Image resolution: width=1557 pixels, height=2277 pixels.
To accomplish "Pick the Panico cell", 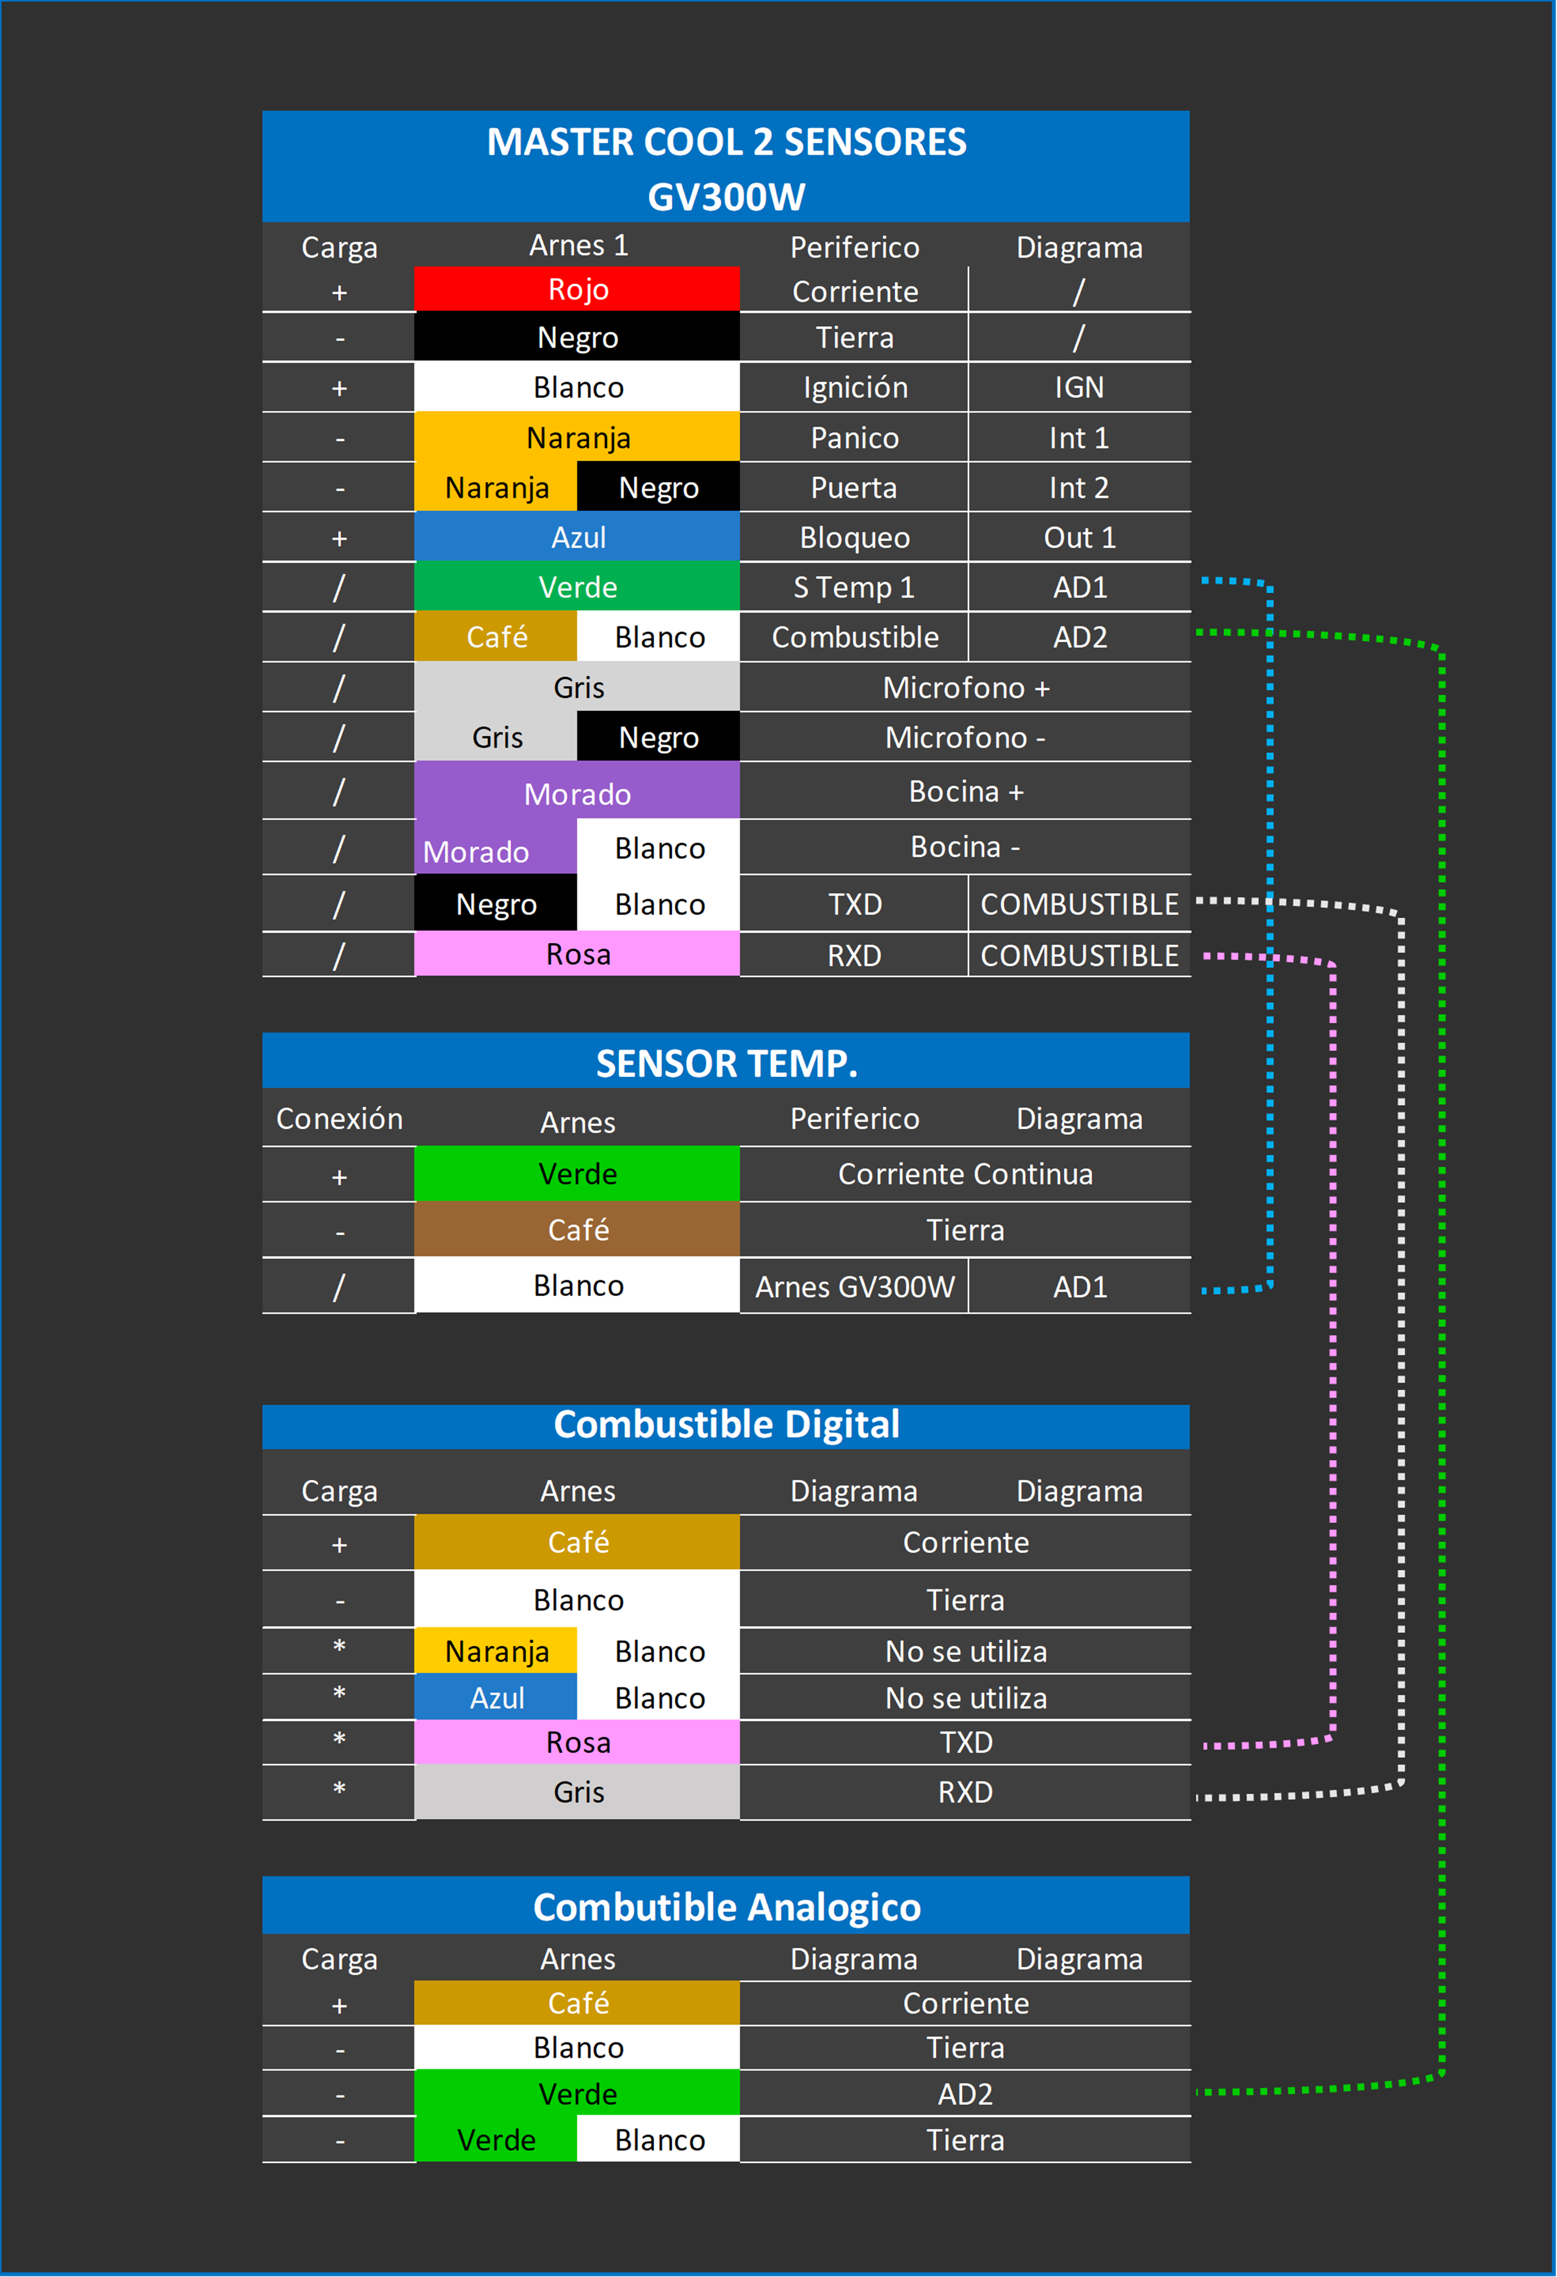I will pos(855,438).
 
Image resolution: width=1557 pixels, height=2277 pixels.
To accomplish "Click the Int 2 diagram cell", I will pos(1079,488).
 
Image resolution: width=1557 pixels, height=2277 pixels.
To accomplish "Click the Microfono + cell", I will pos(965,688).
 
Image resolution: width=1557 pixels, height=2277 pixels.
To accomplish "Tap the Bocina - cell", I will pos(965,847).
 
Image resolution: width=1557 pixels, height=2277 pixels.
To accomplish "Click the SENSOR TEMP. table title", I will pos(726,1063).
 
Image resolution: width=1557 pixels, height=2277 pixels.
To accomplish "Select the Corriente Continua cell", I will pos(965,1174).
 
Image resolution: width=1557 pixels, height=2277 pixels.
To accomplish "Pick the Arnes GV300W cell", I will pos(855,1287).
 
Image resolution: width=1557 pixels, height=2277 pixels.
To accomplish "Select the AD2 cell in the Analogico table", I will pos(965,2094).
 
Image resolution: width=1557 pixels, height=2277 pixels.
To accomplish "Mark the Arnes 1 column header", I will pos(578,245).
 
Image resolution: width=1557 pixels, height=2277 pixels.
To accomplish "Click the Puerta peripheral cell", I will pos(855,488).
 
